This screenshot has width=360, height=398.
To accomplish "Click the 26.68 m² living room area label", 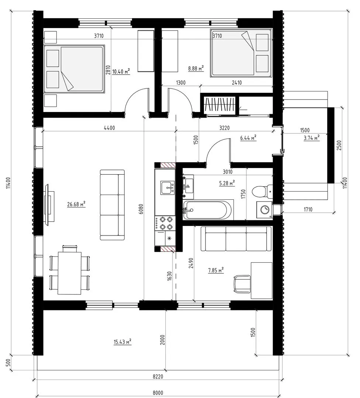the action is pos(76,204).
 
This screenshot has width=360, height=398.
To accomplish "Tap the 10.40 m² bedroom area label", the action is pos(121,71).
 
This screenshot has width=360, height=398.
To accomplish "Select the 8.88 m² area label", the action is pos(196,68).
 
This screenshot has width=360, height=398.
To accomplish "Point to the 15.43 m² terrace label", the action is pos(122,342).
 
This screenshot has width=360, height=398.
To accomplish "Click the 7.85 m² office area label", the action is pos(216,270).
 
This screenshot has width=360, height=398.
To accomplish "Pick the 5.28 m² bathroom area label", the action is pos(227,183).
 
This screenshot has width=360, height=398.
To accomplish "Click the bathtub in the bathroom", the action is pos(208,210).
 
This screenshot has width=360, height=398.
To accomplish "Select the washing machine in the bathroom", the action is pos(264,210).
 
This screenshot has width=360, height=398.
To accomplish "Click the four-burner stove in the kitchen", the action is pos(165,223).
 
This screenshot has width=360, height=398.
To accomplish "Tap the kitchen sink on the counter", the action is pos(167,188).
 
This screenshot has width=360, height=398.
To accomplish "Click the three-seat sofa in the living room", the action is pos(112,205).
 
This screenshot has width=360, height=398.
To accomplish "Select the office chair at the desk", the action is pos(242,284).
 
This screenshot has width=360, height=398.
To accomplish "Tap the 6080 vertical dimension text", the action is pos(141,209).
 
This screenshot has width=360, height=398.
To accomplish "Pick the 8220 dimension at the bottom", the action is pos(158,376).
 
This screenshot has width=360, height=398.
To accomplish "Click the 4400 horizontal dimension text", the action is pos(109,128).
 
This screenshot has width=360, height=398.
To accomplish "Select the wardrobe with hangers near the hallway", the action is pos(219,104).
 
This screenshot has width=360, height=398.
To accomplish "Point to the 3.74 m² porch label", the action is pos(311,138).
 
